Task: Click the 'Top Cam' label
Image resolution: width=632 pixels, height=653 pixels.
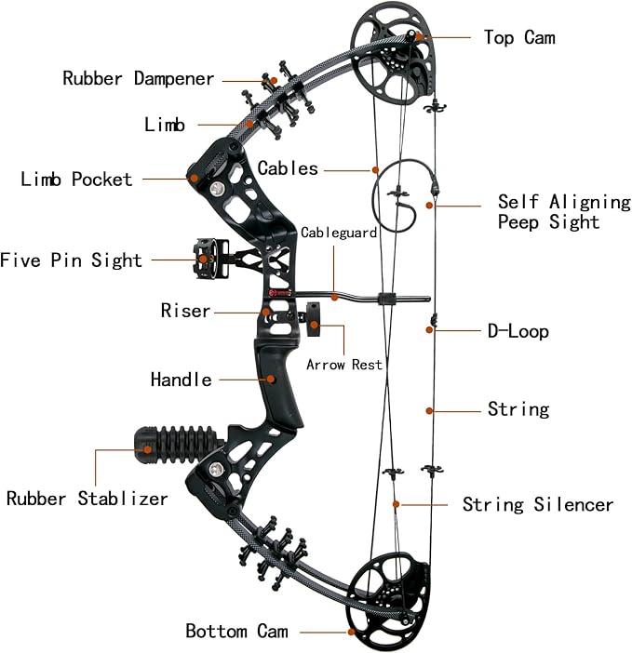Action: coord(519,37)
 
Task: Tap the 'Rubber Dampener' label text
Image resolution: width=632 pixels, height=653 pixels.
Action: coord(139,78)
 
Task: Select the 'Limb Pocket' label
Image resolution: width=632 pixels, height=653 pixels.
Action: coord(76,179)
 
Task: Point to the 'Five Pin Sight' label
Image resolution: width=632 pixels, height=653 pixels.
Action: coord(72,260)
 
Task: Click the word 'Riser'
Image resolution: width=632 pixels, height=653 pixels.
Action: coord(185,311)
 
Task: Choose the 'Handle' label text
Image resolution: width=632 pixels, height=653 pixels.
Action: coord(181,380)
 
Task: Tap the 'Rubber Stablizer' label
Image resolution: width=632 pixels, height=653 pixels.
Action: coord(87,499)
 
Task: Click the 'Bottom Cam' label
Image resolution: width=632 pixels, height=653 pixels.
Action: coord(236,631)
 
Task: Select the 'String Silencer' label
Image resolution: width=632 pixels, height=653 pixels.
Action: coord(538,504)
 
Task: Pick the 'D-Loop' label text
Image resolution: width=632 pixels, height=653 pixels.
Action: coord(518,331)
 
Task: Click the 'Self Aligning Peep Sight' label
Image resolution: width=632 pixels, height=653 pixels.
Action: coord(563,211)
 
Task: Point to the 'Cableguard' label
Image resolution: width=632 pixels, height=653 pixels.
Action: coord(339,233)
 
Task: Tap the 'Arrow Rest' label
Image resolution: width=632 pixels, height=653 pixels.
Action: coord(344,365)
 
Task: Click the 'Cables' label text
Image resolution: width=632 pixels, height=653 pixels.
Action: coord(288,168)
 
